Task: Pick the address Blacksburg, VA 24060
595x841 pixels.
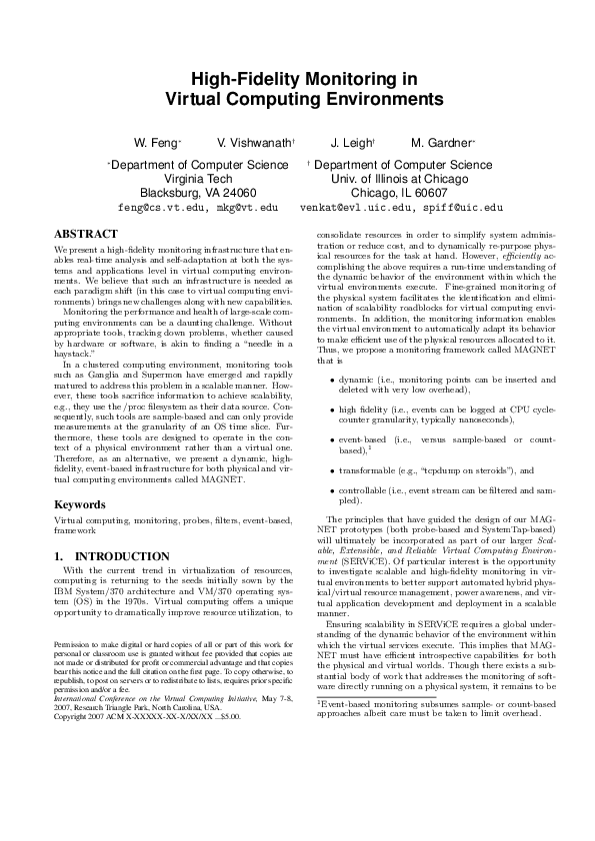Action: [198, 193]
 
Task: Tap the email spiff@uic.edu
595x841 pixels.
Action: [464, 208]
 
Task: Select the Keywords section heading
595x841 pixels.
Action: [79, 504]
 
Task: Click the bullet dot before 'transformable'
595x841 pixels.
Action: [332, 469]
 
